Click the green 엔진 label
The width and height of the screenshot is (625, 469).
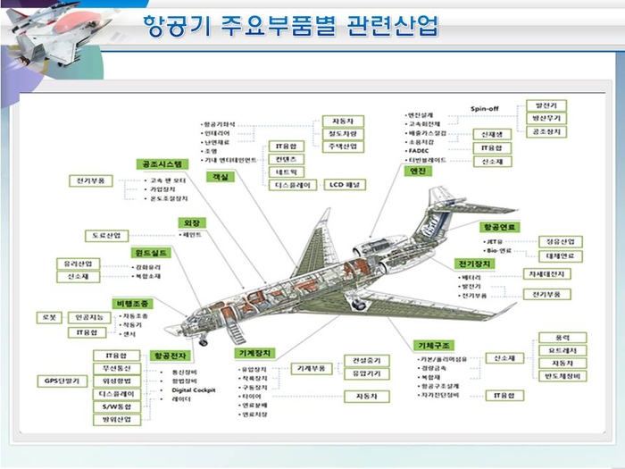[417, 171]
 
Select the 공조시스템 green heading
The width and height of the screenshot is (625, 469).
[161, 164]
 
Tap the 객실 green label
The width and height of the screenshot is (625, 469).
[219, 178]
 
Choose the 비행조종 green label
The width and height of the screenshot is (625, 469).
[135, 304]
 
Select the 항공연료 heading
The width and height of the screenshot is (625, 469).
[499, 228]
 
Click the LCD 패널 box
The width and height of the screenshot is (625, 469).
[343, 185]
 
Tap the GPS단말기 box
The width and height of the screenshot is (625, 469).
[62, 381]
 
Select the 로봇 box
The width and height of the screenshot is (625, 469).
[48, 317]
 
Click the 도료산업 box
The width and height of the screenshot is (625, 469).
[106, 236]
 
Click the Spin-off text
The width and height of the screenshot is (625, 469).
[485, 109]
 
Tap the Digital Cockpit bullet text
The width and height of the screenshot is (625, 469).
[196, 390]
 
